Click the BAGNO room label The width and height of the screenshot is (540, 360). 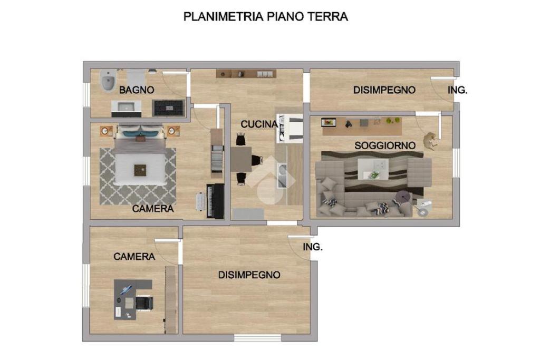tap(137, 90)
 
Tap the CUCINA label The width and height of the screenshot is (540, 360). tap(259, 124)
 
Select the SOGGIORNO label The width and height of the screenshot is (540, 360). tap(385, 145)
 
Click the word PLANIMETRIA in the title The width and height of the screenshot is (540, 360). tap(224, 16)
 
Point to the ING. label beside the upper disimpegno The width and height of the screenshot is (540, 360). tap(457, 90)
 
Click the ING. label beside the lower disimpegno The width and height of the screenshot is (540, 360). tap(313, 247)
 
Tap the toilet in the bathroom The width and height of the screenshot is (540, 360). tap(108, 81)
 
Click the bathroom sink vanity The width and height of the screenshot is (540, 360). tap(127, 109)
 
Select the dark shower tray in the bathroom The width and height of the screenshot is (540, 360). tap(168, 108)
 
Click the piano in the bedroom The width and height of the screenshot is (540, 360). tap(215, 201)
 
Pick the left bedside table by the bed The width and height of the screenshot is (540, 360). tap(106, 131)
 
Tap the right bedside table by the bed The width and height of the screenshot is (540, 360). tap(173, 131)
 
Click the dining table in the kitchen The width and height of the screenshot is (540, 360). tap(241, 159)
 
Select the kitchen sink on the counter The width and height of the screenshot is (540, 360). tap(282, 176)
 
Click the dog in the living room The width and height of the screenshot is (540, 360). tap(430, 141)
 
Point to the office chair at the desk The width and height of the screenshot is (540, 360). tap(144, 303)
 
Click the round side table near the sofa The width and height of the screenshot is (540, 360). tap(403, 197)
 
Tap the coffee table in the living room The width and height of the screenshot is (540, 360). tap(373, 169)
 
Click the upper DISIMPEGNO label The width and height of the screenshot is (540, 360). tap(384, 90)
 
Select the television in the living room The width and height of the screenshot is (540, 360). tap(329, 122)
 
